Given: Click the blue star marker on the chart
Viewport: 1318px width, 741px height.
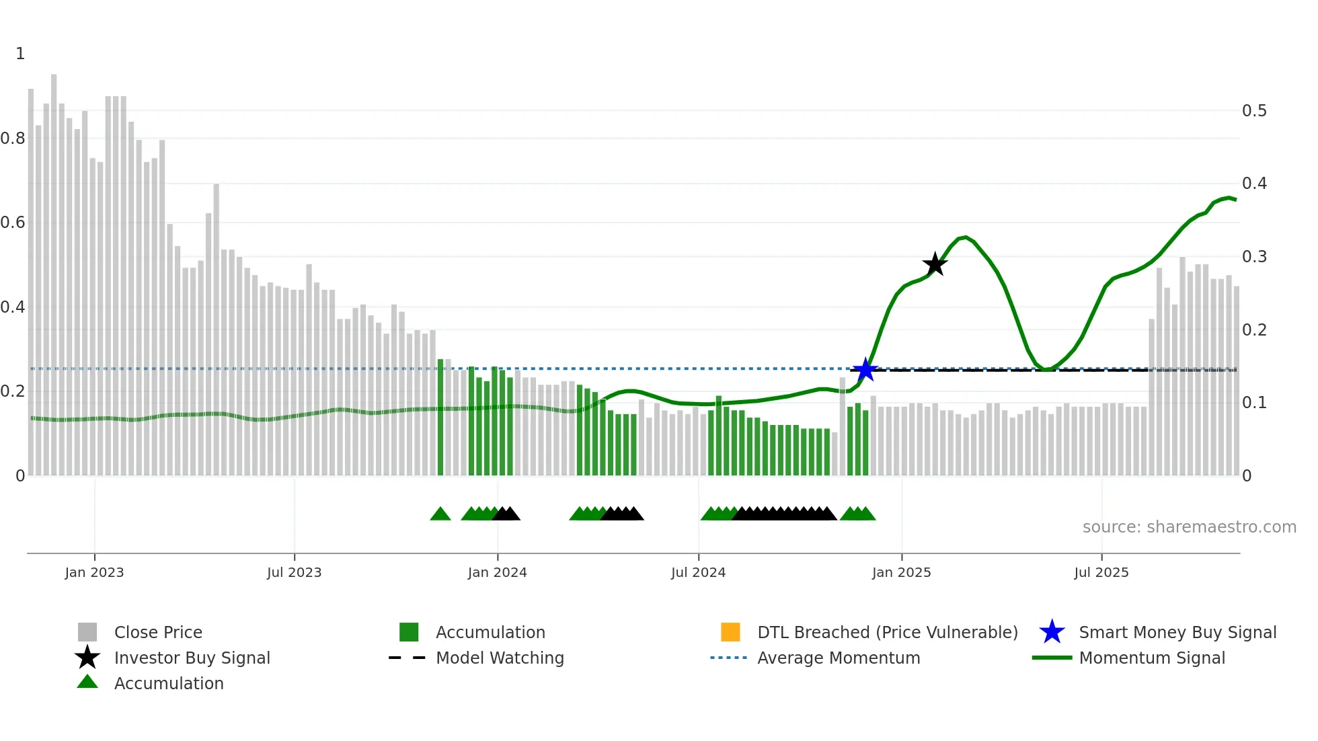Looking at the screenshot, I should point(865,370).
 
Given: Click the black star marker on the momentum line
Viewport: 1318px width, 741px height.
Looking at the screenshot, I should point(935,264).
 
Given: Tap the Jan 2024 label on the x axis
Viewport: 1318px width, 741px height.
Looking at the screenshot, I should point(498,572).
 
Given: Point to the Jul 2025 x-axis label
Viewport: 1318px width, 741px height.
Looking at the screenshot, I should point(1101,572).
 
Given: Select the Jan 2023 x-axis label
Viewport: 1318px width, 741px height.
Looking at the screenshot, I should point(94,572).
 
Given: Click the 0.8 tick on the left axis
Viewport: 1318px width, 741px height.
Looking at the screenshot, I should point(13,139).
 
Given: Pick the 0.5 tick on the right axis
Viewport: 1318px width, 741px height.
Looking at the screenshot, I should point(1254,110).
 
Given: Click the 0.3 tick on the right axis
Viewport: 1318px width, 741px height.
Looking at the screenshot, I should point(1254,257).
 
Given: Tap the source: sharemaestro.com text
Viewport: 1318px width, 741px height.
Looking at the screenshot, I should point(1189,527).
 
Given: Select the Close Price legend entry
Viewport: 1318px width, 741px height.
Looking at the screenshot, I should point(157,632).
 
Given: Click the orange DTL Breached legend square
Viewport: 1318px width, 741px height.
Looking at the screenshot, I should point(730,632).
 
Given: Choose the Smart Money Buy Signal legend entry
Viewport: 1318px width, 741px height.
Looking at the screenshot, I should point(1177,632).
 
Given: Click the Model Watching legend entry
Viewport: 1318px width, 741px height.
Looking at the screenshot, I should point(499,658).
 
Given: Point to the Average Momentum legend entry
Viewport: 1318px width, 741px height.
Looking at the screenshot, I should point(838,658).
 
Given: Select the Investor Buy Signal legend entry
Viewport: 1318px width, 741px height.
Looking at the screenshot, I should point(192,658).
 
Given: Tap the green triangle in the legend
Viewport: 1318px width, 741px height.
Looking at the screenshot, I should point(87,682).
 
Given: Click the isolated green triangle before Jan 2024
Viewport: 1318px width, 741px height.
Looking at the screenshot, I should point(440,514).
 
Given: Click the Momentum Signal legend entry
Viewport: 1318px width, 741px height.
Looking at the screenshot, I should point(1151,658).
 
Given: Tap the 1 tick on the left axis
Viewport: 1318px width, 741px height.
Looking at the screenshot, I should point(20,54).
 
